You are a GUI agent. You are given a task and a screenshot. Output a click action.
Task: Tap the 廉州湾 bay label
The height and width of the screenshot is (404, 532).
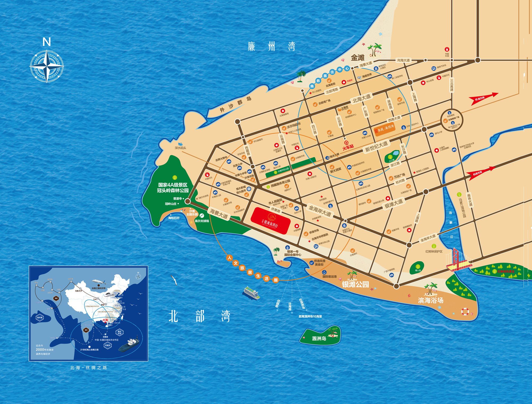(x=271, y=47)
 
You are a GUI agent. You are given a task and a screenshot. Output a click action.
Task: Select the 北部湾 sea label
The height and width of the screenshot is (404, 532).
(x=199, y=316)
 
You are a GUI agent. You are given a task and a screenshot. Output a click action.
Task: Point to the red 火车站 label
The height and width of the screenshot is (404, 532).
(x=348, y=146)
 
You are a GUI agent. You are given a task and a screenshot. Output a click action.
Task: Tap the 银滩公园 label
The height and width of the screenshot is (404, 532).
(x=355, y=284)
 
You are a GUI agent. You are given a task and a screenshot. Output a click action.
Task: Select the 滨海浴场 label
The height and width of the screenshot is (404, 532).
(x=431, y=300)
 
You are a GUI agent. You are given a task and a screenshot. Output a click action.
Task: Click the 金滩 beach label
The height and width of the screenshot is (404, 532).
(x=358, y=57)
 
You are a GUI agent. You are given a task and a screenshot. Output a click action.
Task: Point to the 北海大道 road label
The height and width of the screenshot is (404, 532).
(x=361, y=98)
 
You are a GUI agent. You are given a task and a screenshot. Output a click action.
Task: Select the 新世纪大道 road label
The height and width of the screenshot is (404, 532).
(x=376, y=146)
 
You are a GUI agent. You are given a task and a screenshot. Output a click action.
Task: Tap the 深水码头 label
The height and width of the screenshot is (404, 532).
(x=180, y=148)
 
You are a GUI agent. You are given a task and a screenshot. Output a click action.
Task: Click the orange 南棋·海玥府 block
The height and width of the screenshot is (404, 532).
(x=385, y=129)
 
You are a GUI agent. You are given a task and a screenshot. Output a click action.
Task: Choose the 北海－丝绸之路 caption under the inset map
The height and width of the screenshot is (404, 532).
(x=88, y=368)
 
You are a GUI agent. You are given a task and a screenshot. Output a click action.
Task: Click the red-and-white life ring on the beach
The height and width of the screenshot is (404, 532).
(x=465, y=311)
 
